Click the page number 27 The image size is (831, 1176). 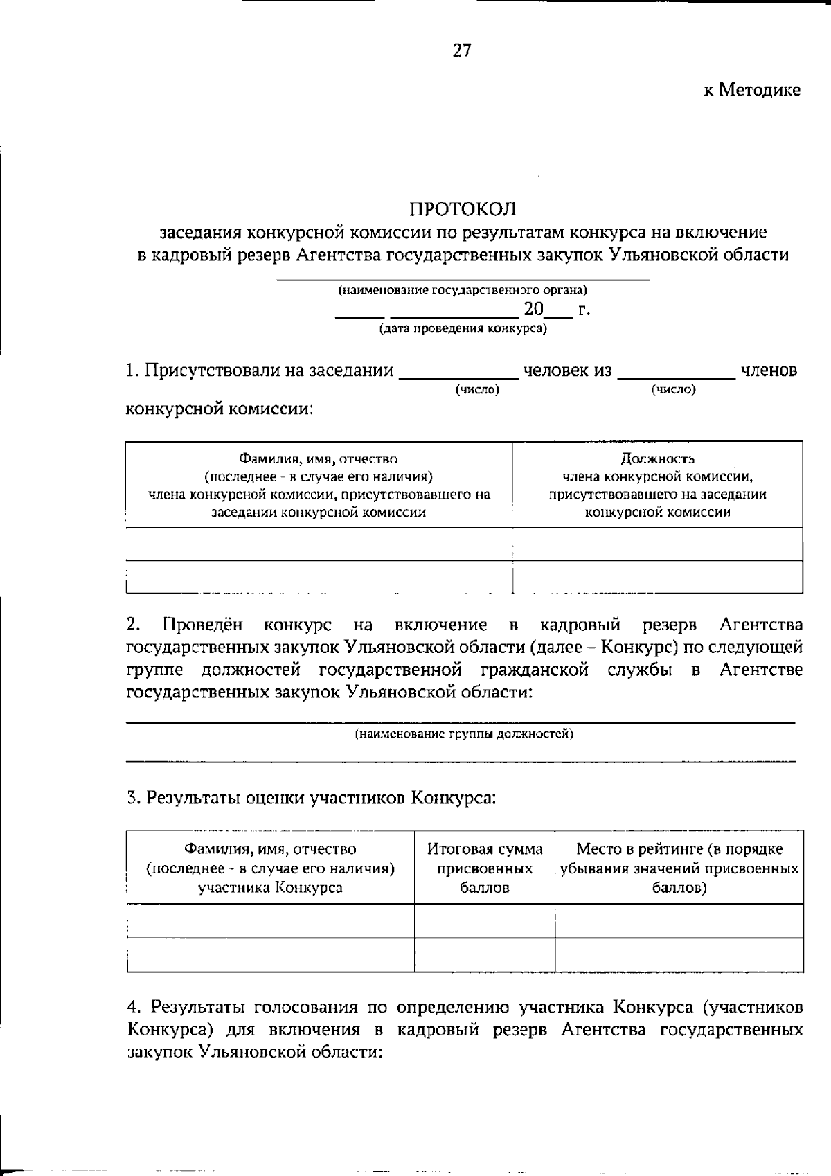click(x=462, y=51)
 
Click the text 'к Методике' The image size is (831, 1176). click(x=752, y=90)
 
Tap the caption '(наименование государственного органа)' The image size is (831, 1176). click(x=463, y=290)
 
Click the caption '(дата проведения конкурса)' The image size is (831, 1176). click(x=463, y=328)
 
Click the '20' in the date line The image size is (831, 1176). click(x=534, y=309)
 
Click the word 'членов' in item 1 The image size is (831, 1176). click(x=769, y=371)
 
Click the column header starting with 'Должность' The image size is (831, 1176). click(x=657, y=485)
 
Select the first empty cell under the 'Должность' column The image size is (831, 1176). click(x=657, y=544)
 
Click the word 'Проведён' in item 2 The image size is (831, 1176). click(x=203, y=625)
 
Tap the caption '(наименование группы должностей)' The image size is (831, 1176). click(x=463, y=734)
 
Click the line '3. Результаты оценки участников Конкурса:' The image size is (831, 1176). click(x=312, y=798)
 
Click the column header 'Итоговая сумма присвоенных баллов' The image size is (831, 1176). click(x=485, y=868)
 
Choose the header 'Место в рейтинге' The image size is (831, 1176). click(x=679, y=868)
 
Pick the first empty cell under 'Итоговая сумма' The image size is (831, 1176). click(x=485, y=920)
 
